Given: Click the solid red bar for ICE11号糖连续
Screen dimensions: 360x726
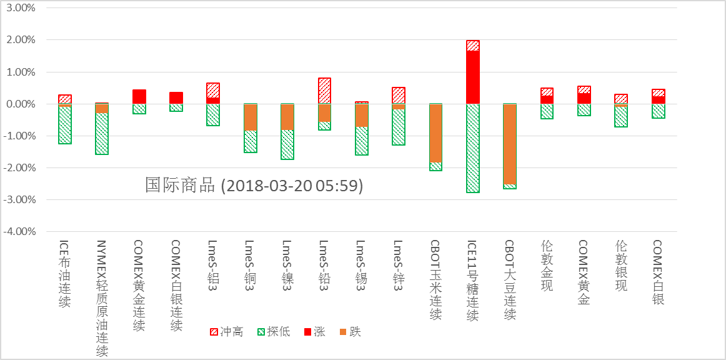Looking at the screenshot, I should click(473, 77).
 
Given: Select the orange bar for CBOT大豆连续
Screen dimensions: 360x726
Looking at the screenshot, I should click(510, 144).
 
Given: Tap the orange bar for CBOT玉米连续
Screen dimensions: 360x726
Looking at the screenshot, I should click(435, 133).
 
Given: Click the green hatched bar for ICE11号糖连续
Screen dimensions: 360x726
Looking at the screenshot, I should click(473, 148).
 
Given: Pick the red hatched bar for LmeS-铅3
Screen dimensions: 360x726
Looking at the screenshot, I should click(324, 91).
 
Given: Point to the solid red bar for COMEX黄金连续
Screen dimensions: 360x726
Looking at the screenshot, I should click(139, 97).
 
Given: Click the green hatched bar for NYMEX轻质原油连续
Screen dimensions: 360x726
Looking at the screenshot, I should click(102, 134).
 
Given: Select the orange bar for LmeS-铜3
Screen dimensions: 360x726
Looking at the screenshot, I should click(250, 117).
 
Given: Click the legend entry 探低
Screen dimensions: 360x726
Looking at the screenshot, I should click(274, 332).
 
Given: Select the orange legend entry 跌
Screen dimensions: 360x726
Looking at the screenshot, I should click(350, 332).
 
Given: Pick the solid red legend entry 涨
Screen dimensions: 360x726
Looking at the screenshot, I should click(314, 332).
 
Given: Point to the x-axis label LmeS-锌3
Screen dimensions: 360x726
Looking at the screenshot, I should click(399, 262).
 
